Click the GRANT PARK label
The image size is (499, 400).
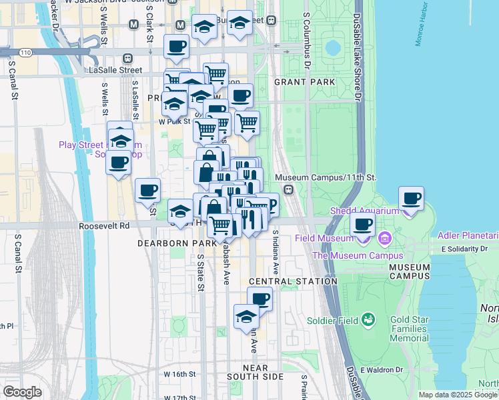coord(304,82)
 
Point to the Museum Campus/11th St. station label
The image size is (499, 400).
coord(326,178)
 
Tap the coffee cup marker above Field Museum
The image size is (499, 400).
coord(362,225)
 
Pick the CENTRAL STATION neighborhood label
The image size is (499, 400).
coord(293,281)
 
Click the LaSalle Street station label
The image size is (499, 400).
coord(118,69)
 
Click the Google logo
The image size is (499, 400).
coord(23,392)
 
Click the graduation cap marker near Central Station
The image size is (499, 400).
coord(246,317)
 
